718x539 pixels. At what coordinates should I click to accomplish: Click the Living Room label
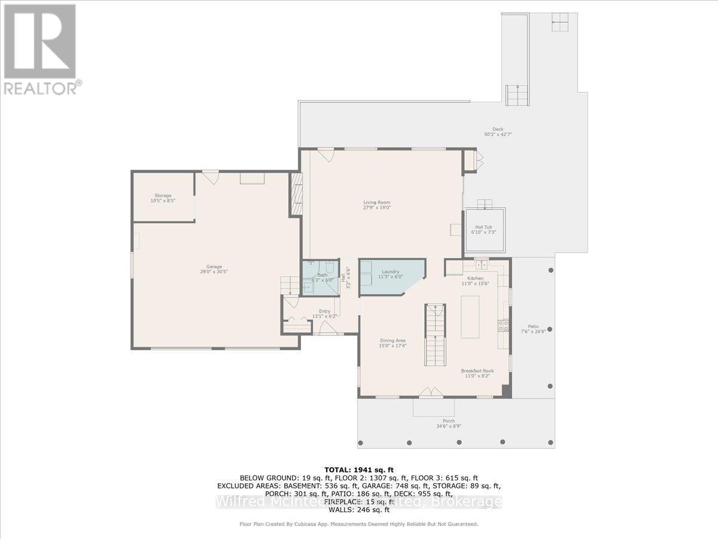click(x=376, y=202)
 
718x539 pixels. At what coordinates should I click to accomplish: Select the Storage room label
click(x=163, y=196)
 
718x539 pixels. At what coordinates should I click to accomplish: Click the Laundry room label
click(x=390, y=271)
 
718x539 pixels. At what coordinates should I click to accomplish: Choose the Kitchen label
click(x=475, y=278)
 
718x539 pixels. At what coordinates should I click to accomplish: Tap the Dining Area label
click(x=393, y=341)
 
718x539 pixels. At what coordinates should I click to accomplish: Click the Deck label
click(x=498, y=129)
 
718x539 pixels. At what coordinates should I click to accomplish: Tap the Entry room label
click(x=324, y=311)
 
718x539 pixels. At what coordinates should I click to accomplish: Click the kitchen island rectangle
click(x=470, y=317)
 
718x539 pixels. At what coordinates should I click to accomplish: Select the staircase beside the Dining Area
click(x=436, y=335)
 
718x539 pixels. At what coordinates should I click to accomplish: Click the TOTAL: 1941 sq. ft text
click(x=358, y=469)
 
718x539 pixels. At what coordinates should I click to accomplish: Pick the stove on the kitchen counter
click(x=504, y=326)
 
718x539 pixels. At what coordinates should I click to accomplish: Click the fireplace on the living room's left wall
click(x=296, y=195)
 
